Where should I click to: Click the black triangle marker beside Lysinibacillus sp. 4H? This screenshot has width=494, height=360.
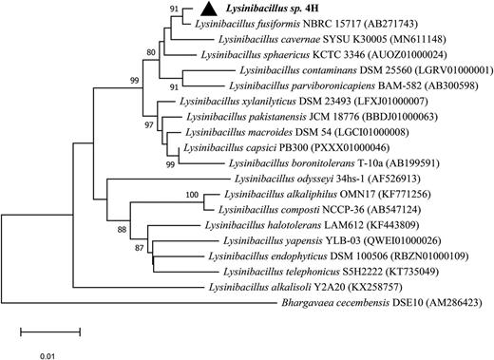(x=209, y=9)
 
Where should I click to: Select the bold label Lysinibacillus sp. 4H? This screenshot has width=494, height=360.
(x=272, y=9)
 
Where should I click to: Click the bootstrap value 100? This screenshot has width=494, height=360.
(x=192, y=195)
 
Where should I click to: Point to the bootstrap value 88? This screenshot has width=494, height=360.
(x=122, y=230)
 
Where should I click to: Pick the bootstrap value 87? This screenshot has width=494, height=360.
(x=139, y=248)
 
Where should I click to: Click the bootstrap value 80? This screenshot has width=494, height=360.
(x=151, y=52)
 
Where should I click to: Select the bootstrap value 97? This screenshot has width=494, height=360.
(x=149, y=125)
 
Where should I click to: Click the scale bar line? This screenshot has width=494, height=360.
(x=50, y=332)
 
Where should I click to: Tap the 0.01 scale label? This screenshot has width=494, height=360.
(x=47, y=356)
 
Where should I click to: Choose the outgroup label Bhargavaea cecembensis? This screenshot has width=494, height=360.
(x=335, y=303)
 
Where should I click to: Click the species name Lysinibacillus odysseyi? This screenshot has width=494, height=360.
(x=284, y=179)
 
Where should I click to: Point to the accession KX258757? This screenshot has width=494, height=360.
(x=375, y=288)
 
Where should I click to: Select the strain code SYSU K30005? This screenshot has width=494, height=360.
(x=354, y=39)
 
